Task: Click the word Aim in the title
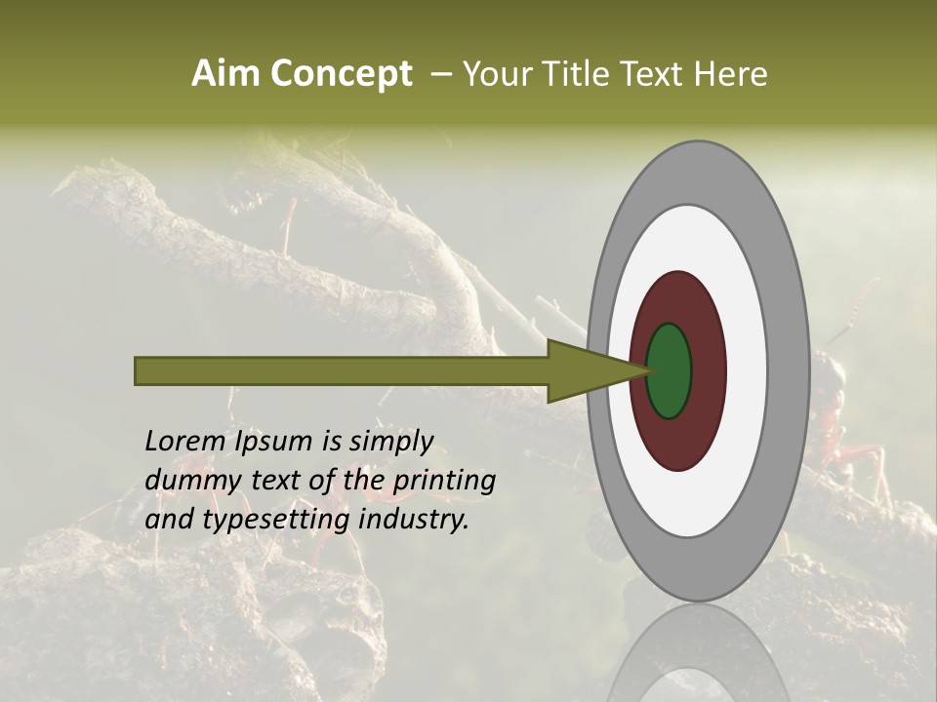click(225, 74)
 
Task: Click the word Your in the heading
click(497, 74)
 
